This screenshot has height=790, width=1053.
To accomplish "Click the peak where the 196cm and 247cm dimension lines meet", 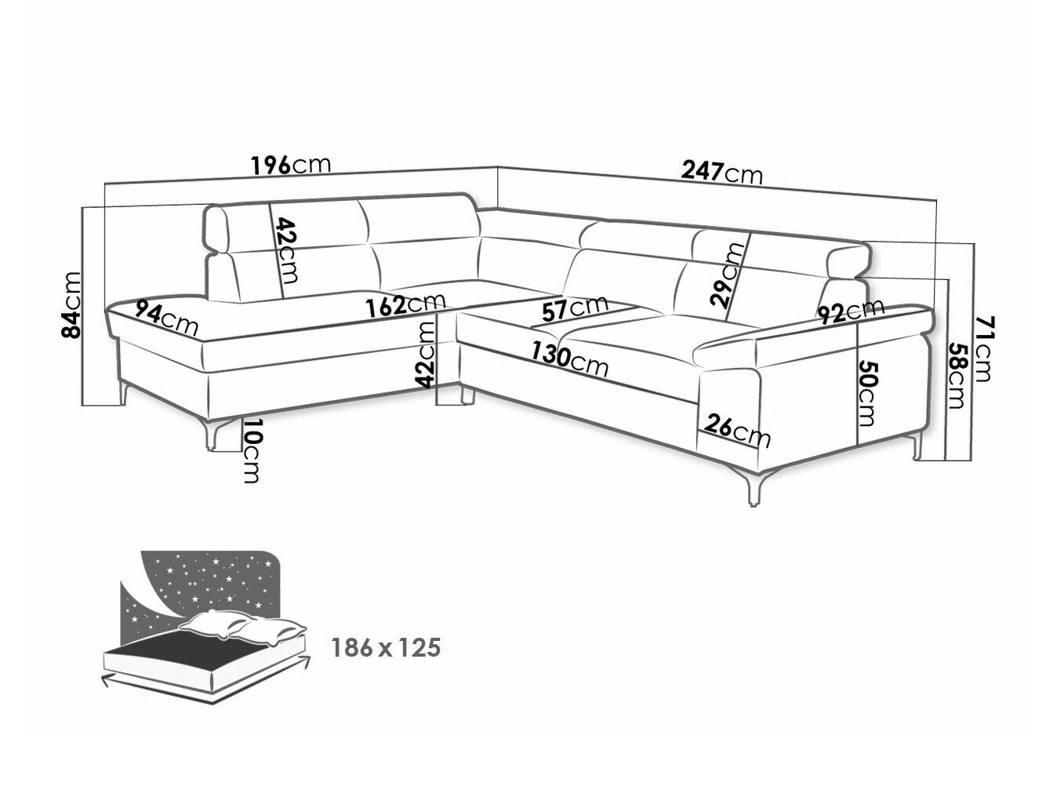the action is [497, 167].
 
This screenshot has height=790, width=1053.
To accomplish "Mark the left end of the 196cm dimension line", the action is [104, 185].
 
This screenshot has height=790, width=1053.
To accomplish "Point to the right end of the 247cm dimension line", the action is [936, 200].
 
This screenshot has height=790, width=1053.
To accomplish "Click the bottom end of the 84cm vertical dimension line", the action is [82, 406].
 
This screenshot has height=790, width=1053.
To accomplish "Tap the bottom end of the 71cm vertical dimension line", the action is [974, 461].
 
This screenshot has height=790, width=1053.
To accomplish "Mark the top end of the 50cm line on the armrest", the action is [858, 322].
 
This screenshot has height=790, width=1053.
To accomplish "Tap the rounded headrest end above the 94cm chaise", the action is [218, 228].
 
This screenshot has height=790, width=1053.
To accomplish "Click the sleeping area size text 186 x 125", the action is [385, 649].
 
